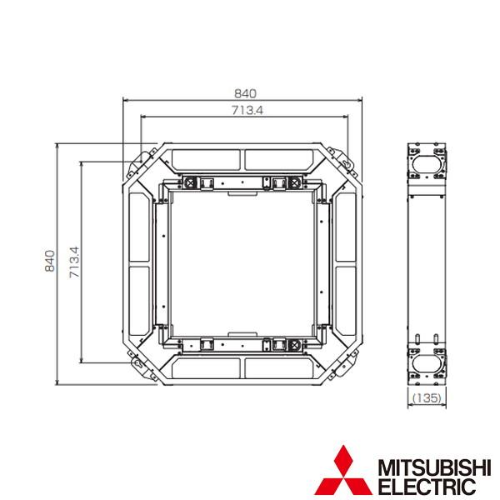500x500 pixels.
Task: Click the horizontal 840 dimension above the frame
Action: click(x=245, y=93)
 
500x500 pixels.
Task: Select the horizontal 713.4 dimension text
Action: click(x=247, y=110)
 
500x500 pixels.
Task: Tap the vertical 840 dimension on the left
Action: click(x=50, y=261)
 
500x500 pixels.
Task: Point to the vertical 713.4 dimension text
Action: click(x=74, y=262)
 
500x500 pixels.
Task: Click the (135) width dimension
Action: click(x=427, y=397)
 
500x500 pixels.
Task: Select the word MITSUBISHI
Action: click(x=434, y=468)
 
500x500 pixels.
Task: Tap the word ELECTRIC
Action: click(x=427, y=487)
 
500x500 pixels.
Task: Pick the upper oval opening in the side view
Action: click(x=427, y=164)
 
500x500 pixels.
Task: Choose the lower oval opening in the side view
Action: click(x=427, y=363)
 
